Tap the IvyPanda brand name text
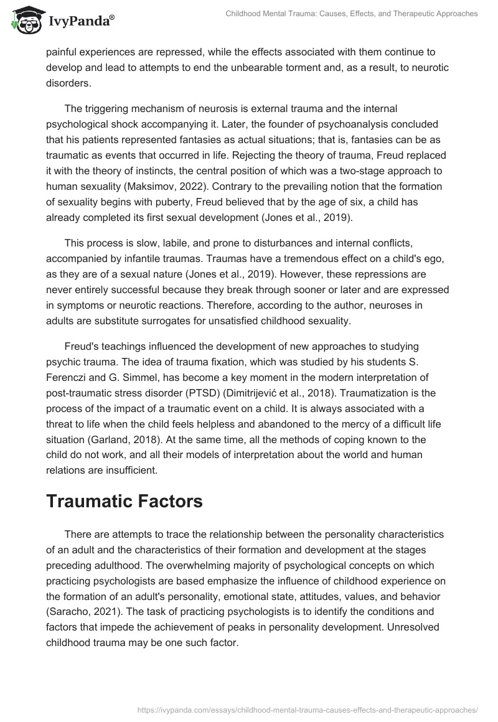click(x=80, y=21)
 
